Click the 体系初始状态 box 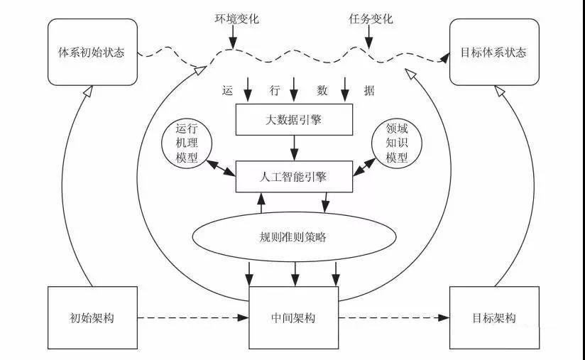[x=91, y=53]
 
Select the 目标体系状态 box [x=493, y=53]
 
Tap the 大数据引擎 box [x=294, y=119]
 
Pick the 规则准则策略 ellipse [x=293, y=237]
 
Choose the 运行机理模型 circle [x=185, y=144]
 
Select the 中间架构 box [x=293, y=317]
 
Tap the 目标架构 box [x=493, y=317]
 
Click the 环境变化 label [x=233, y=16]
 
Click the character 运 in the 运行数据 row [x=228, y=90]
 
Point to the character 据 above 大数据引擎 [x=368, y=90]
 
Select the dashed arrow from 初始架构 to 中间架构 [x=192, y=317]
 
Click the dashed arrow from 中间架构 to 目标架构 [x=395, y=317]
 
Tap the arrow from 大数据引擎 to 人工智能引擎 [x=294, y=147]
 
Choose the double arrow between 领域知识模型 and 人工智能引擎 [x=363, y=168]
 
